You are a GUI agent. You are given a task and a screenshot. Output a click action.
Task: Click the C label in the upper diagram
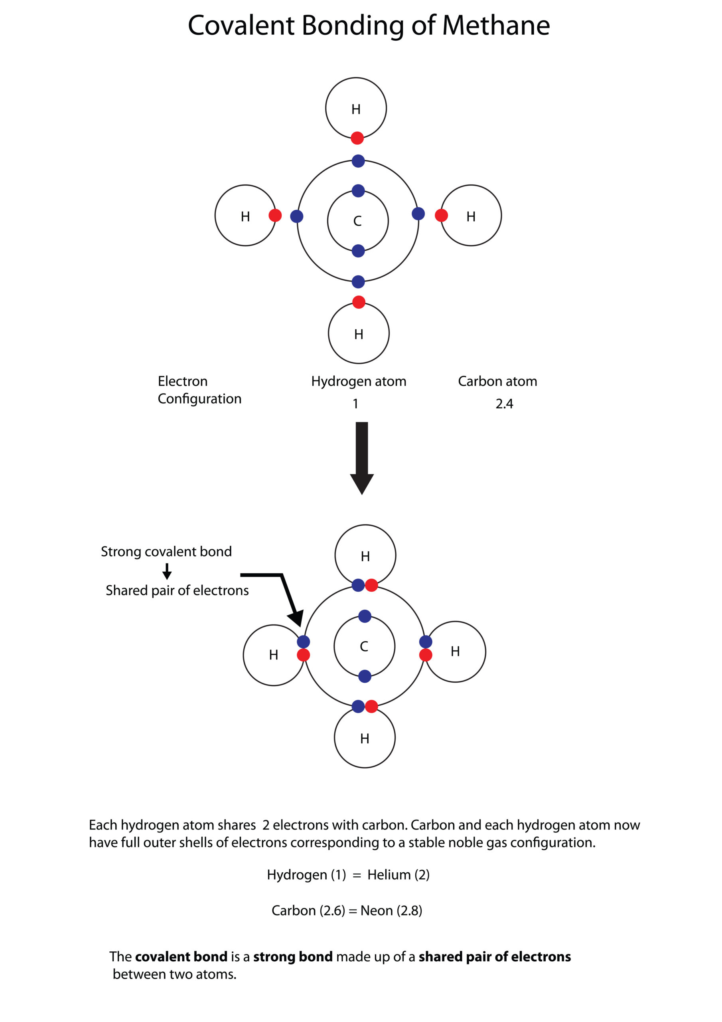coord(357,221)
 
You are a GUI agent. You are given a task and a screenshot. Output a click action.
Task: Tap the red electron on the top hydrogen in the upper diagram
coord(357,138)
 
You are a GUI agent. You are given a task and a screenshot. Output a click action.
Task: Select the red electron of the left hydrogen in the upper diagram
coord(275,216)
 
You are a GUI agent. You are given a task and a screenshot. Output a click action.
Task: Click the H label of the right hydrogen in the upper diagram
coord(471,216)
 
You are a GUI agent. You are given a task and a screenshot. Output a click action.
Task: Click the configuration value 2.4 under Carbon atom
coord(504,404)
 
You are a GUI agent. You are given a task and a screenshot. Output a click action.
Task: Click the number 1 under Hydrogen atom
coord(355,404)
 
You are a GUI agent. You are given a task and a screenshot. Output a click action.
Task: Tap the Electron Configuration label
coord(199,390)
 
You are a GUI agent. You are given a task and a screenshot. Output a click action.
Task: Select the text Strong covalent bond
coord(166,551)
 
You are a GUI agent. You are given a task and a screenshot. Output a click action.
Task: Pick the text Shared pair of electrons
coord(177,590)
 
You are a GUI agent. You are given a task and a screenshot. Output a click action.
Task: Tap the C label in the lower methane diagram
coord(364,646)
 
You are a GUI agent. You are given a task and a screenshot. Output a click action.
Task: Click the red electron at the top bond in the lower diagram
coord(371,585)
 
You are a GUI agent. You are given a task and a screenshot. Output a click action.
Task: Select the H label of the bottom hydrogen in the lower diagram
coord(364,739)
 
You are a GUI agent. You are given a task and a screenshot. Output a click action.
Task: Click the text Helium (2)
coord(398,875)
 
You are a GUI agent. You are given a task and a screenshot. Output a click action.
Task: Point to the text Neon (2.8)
coord(391,910)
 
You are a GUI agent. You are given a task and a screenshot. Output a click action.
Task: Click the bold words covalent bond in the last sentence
coord(181,957)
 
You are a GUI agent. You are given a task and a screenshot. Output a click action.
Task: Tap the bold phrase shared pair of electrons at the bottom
coord(494,957)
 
